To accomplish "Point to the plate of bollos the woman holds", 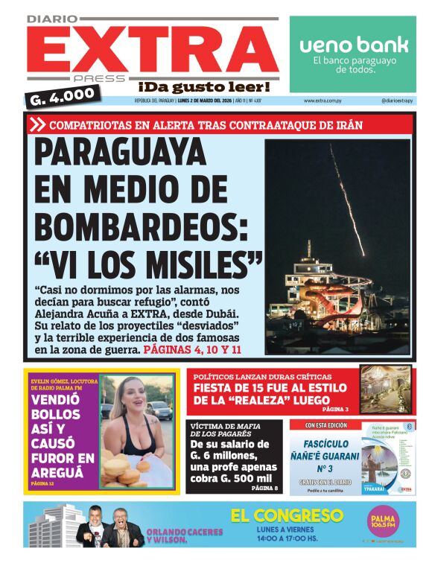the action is coord(122,469).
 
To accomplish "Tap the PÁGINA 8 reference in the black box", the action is coord(264,488).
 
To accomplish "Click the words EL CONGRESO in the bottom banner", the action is coord(287,515).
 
